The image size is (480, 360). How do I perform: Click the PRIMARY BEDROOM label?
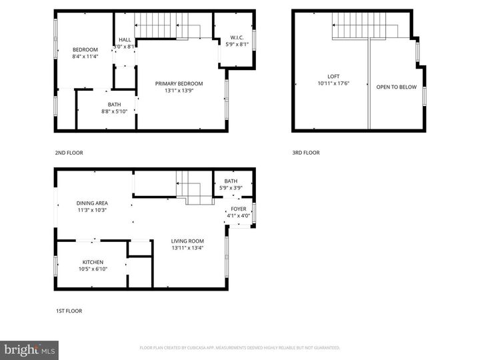pos(179,83)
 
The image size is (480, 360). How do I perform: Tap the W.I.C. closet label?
pos(236,37)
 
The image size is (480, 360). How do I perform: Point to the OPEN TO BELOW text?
pos(396,87)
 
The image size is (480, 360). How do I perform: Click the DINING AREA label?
pos(92,203)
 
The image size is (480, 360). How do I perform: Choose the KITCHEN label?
pos(93,262)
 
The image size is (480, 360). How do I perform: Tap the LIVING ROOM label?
pos(187,241)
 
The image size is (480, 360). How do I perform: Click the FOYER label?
pos(238,209)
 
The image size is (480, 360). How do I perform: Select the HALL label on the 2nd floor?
pos(125,40)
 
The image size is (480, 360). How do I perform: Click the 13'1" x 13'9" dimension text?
pos(179,91)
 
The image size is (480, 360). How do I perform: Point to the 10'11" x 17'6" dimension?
pos(333,83)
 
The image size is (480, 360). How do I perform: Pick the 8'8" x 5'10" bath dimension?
pos(115,111)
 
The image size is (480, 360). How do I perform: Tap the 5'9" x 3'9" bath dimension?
pos(231,188)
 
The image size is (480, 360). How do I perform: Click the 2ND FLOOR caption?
pos(69,152)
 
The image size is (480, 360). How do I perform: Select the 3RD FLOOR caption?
pos(306,152)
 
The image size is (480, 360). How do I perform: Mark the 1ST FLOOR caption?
pos(69,311)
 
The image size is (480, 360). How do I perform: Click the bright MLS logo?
pos(29,350)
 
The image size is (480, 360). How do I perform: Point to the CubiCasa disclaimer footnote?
pos(239,348)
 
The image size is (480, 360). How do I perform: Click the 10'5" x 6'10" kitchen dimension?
pos(93,269)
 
